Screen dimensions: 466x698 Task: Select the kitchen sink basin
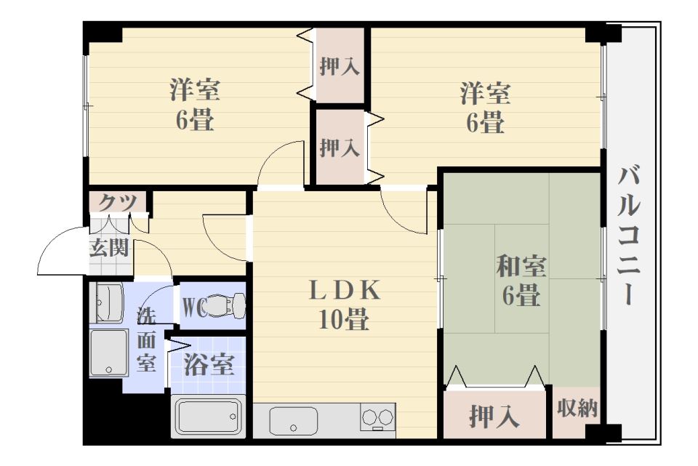pos(294,421)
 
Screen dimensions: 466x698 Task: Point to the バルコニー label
pos(631,236)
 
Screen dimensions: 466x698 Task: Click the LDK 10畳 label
pos(344,305)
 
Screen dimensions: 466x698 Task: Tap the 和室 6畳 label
pos(521,281)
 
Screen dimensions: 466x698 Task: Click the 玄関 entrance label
pos(109,248)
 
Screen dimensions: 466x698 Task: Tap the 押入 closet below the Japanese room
pos(494,417)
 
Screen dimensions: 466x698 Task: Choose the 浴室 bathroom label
pos(209,364)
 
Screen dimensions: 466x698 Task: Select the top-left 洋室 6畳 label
pos(195,106)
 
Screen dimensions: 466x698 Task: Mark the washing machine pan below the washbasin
pos(109,353)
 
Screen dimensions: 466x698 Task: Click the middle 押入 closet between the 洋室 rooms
pos(340,148)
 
